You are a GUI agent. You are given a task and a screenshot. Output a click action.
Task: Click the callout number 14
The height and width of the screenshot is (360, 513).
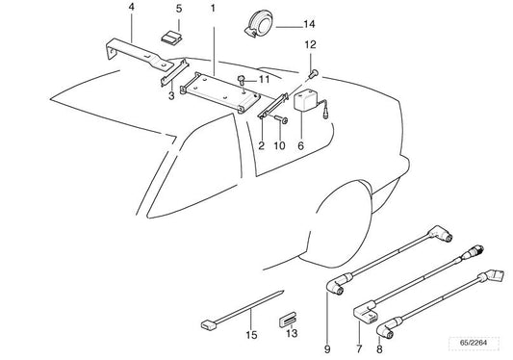point(281,23)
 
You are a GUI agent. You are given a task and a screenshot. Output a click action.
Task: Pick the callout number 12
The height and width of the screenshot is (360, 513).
point(310,44)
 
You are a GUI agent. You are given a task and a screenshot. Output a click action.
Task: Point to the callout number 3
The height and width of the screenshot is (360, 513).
point(171,95)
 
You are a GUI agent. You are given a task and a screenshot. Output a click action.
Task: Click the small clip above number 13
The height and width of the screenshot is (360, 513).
point(288,318)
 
